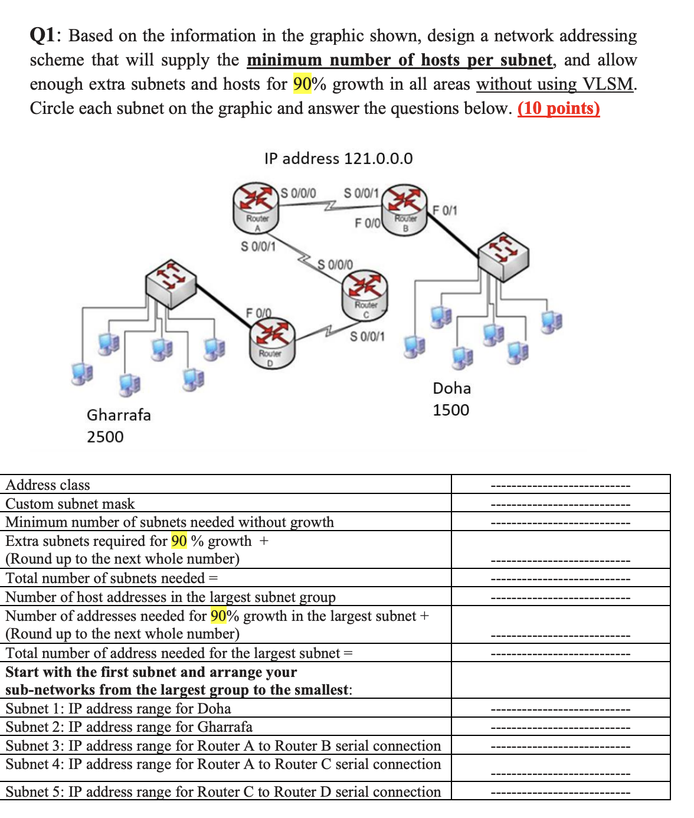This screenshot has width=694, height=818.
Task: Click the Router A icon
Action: [x=256, y=204]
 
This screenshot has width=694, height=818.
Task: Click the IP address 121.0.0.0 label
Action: [x=338, y=158]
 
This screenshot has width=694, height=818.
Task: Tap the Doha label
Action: [x=451, y=388]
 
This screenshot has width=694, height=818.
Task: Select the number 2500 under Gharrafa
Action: [x=105, y=437]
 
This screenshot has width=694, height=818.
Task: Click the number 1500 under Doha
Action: [x=451, y=410]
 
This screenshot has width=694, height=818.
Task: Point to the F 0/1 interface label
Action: [x=444, y=210]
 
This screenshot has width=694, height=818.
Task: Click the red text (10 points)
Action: [x=558, y=109]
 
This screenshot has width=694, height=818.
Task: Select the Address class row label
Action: [x=48, y=485]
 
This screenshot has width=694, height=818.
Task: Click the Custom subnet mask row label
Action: [x=70, y=504]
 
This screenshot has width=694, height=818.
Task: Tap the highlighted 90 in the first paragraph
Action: [x=302, y=84]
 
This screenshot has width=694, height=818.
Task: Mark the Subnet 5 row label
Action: [x=223, y=791]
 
